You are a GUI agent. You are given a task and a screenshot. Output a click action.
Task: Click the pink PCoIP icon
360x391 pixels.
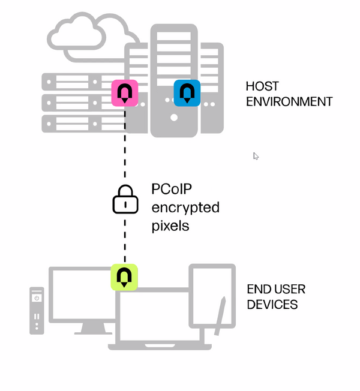(x=125, y=93)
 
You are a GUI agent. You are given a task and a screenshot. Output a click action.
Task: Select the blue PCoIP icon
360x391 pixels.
(x=187, y=93)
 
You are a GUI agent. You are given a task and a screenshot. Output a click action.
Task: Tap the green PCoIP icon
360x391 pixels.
(x=125, y=277)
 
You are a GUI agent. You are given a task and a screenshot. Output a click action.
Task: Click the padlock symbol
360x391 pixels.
(x=125, y=200)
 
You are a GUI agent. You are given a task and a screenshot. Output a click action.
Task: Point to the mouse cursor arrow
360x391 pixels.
(x=256, y=156)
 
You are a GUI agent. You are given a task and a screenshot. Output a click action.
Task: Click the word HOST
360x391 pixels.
(x=262, y=86)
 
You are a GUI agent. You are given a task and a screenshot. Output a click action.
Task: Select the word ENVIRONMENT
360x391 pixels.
(x=289, y=102)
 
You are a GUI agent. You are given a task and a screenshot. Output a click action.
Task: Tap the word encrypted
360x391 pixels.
(x=185, y=208)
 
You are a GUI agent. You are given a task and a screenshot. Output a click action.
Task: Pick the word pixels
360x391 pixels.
(x=170, y=225)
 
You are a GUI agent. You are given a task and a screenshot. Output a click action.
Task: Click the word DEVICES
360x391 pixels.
(x=272, y=305)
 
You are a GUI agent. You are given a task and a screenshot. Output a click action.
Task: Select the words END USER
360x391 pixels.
(x=276, y=289)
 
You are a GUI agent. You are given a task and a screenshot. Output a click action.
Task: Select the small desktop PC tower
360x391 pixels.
(x=37, y=310)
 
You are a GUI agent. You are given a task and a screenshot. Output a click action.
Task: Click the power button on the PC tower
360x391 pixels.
(x=37, y=298)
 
